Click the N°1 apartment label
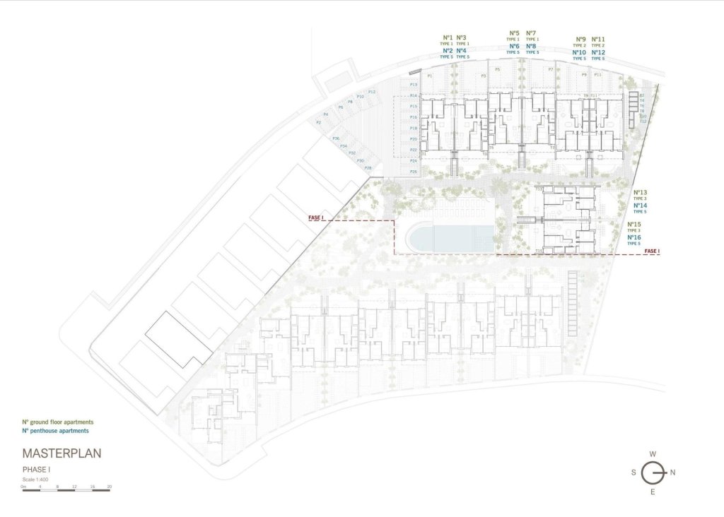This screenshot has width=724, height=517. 447,37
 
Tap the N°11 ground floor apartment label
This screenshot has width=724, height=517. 597,39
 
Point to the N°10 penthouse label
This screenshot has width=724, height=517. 579,52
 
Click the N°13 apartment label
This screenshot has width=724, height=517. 640,192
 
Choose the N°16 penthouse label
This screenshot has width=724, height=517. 634,237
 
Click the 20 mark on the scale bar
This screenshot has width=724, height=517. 109,486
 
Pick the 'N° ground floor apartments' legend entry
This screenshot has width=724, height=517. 57,422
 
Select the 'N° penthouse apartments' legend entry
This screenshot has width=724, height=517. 55,430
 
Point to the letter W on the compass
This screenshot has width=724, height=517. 653,454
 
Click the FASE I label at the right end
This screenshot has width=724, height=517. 652,251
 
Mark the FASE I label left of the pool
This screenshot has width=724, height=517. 316,218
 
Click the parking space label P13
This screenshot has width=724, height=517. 414,85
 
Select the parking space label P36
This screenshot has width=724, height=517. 337,138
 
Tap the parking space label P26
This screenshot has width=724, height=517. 414,172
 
